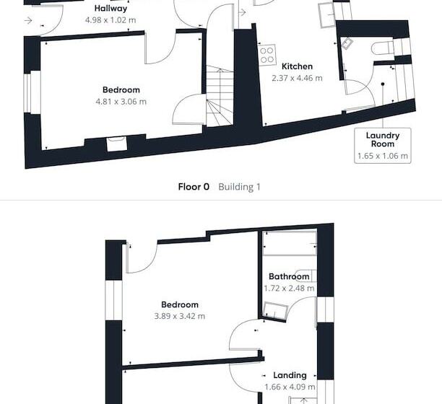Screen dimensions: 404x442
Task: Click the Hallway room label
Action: pos(111,9)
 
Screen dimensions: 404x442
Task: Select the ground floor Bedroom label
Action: pos(121,90)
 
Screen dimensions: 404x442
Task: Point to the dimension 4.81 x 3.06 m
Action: pos(121,102)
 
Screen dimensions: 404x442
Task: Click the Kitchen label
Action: pos(297,66)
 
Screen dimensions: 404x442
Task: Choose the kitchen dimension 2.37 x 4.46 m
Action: pos(297,78)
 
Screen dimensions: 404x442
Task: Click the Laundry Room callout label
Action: pos(383,139)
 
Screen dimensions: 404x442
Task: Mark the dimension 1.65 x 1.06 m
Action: pos(383,155)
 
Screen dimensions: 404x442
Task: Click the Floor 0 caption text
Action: pos(194,187)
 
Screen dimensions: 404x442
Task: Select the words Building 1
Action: pos(239,187)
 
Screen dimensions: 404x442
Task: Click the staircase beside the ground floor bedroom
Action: pos(220,94)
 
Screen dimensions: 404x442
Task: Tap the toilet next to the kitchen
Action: pos(381,48)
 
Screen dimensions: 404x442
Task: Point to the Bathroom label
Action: pos(289,276)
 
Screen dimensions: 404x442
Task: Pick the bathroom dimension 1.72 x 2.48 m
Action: pos(289,289)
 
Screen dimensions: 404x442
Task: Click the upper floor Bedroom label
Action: pos(180,304)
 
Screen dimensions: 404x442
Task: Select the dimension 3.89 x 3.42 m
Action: pos(180,316)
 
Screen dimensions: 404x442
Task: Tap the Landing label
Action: pos(290,375)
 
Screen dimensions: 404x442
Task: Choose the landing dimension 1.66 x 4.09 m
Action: pos(290,387)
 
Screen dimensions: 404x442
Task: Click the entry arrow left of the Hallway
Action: pos(27,20)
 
